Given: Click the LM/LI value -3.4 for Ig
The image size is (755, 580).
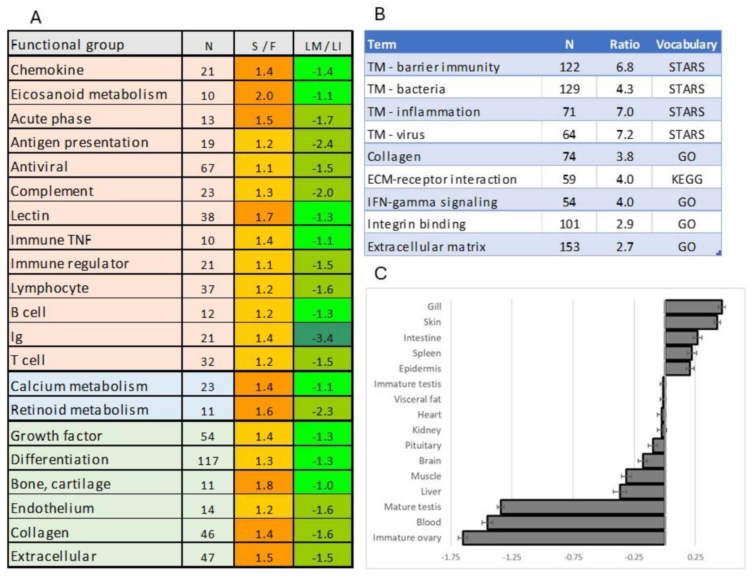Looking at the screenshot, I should [x=322, y=338].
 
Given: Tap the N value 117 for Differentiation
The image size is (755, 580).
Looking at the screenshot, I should [x=207, y=461].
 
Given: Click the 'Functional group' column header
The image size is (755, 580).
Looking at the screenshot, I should [x=67, y=45].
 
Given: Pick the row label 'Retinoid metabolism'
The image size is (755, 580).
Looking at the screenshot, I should [x=79, y=410].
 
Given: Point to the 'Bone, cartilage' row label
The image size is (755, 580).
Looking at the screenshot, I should [x=60, y=484].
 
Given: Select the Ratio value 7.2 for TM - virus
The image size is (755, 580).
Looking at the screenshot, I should [x=624, y=134].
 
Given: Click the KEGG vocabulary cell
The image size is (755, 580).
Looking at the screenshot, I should [x=686, y=179].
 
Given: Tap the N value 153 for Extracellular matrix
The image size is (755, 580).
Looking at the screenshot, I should [x=569, y=247].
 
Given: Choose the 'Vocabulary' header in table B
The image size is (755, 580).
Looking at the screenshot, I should [x=686, y=45].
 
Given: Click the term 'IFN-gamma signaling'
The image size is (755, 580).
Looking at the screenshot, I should [x=432, y=202].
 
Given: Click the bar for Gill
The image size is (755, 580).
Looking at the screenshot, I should [x=693, y=307].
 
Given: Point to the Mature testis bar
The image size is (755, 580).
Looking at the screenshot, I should [x=582, y=507].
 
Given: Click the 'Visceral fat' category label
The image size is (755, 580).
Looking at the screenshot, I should [x=417, y=399].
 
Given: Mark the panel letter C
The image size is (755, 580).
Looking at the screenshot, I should [x=380, y=273].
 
